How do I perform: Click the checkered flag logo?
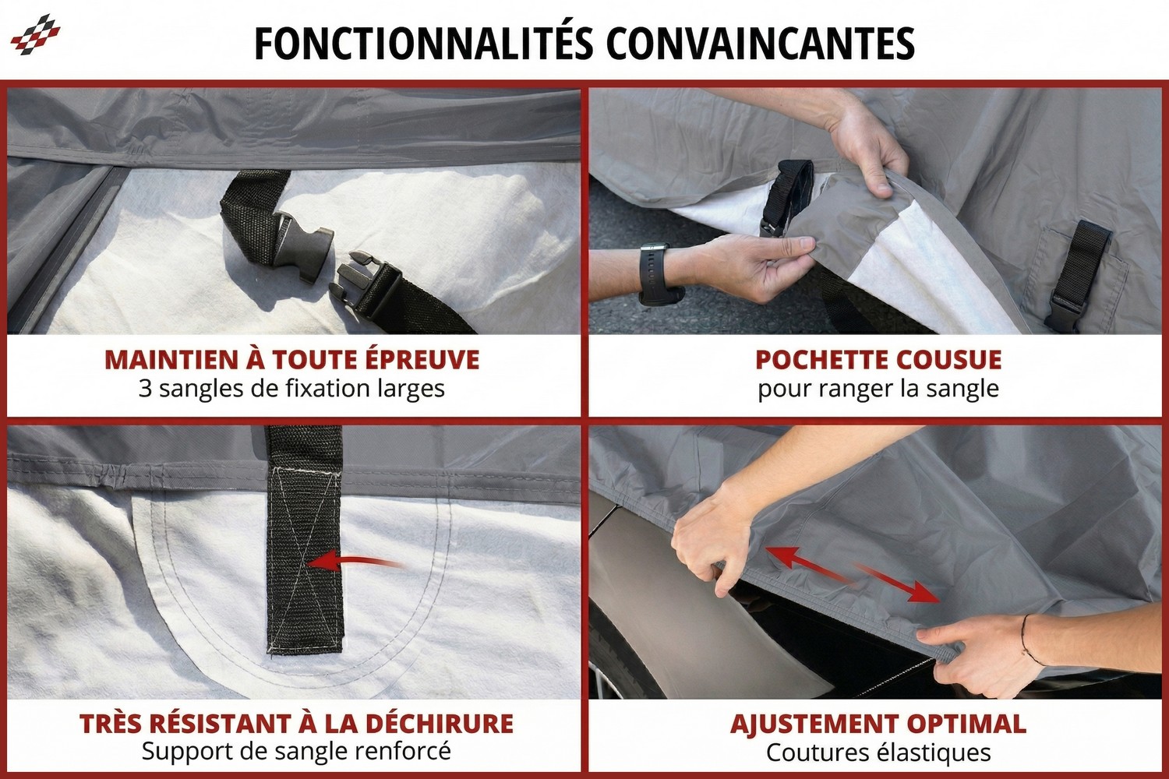coord(35,34)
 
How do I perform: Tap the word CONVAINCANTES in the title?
coord(760,44)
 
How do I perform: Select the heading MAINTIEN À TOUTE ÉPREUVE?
coord(292,360)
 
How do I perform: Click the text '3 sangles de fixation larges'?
coord(291,388)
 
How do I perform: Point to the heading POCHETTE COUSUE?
coord(878,360)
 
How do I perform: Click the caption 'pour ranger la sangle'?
coord(878,388)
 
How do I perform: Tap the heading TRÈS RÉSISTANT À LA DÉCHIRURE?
coord(296,723)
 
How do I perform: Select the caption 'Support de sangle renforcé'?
coord(296,752)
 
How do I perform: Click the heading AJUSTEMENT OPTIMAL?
coord(878,723)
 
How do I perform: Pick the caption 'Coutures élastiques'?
coord(878,753)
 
